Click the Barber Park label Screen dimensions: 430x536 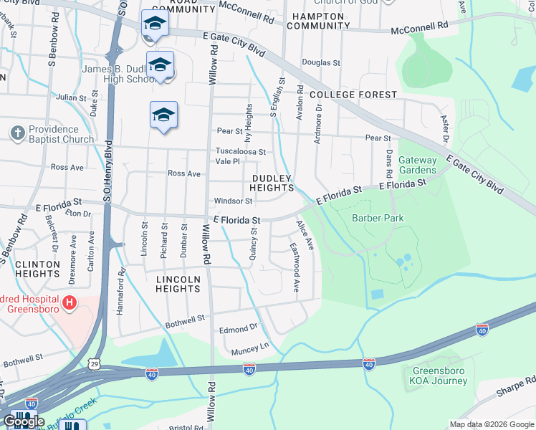[378, 219]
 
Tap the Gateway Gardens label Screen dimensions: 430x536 [417, 165]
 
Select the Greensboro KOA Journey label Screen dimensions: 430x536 [440, 376]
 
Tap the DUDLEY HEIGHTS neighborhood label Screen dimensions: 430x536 [272, 183]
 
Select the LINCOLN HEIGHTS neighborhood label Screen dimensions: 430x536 [178, 284]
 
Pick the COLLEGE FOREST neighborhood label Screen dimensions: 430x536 [353, 95]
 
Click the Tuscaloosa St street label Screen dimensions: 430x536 [241, 152]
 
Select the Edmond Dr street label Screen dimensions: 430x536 [238, 329]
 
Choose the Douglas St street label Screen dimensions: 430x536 [320, 63]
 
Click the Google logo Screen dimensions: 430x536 [24, 421]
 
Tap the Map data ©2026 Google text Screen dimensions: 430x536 [491, 424]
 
